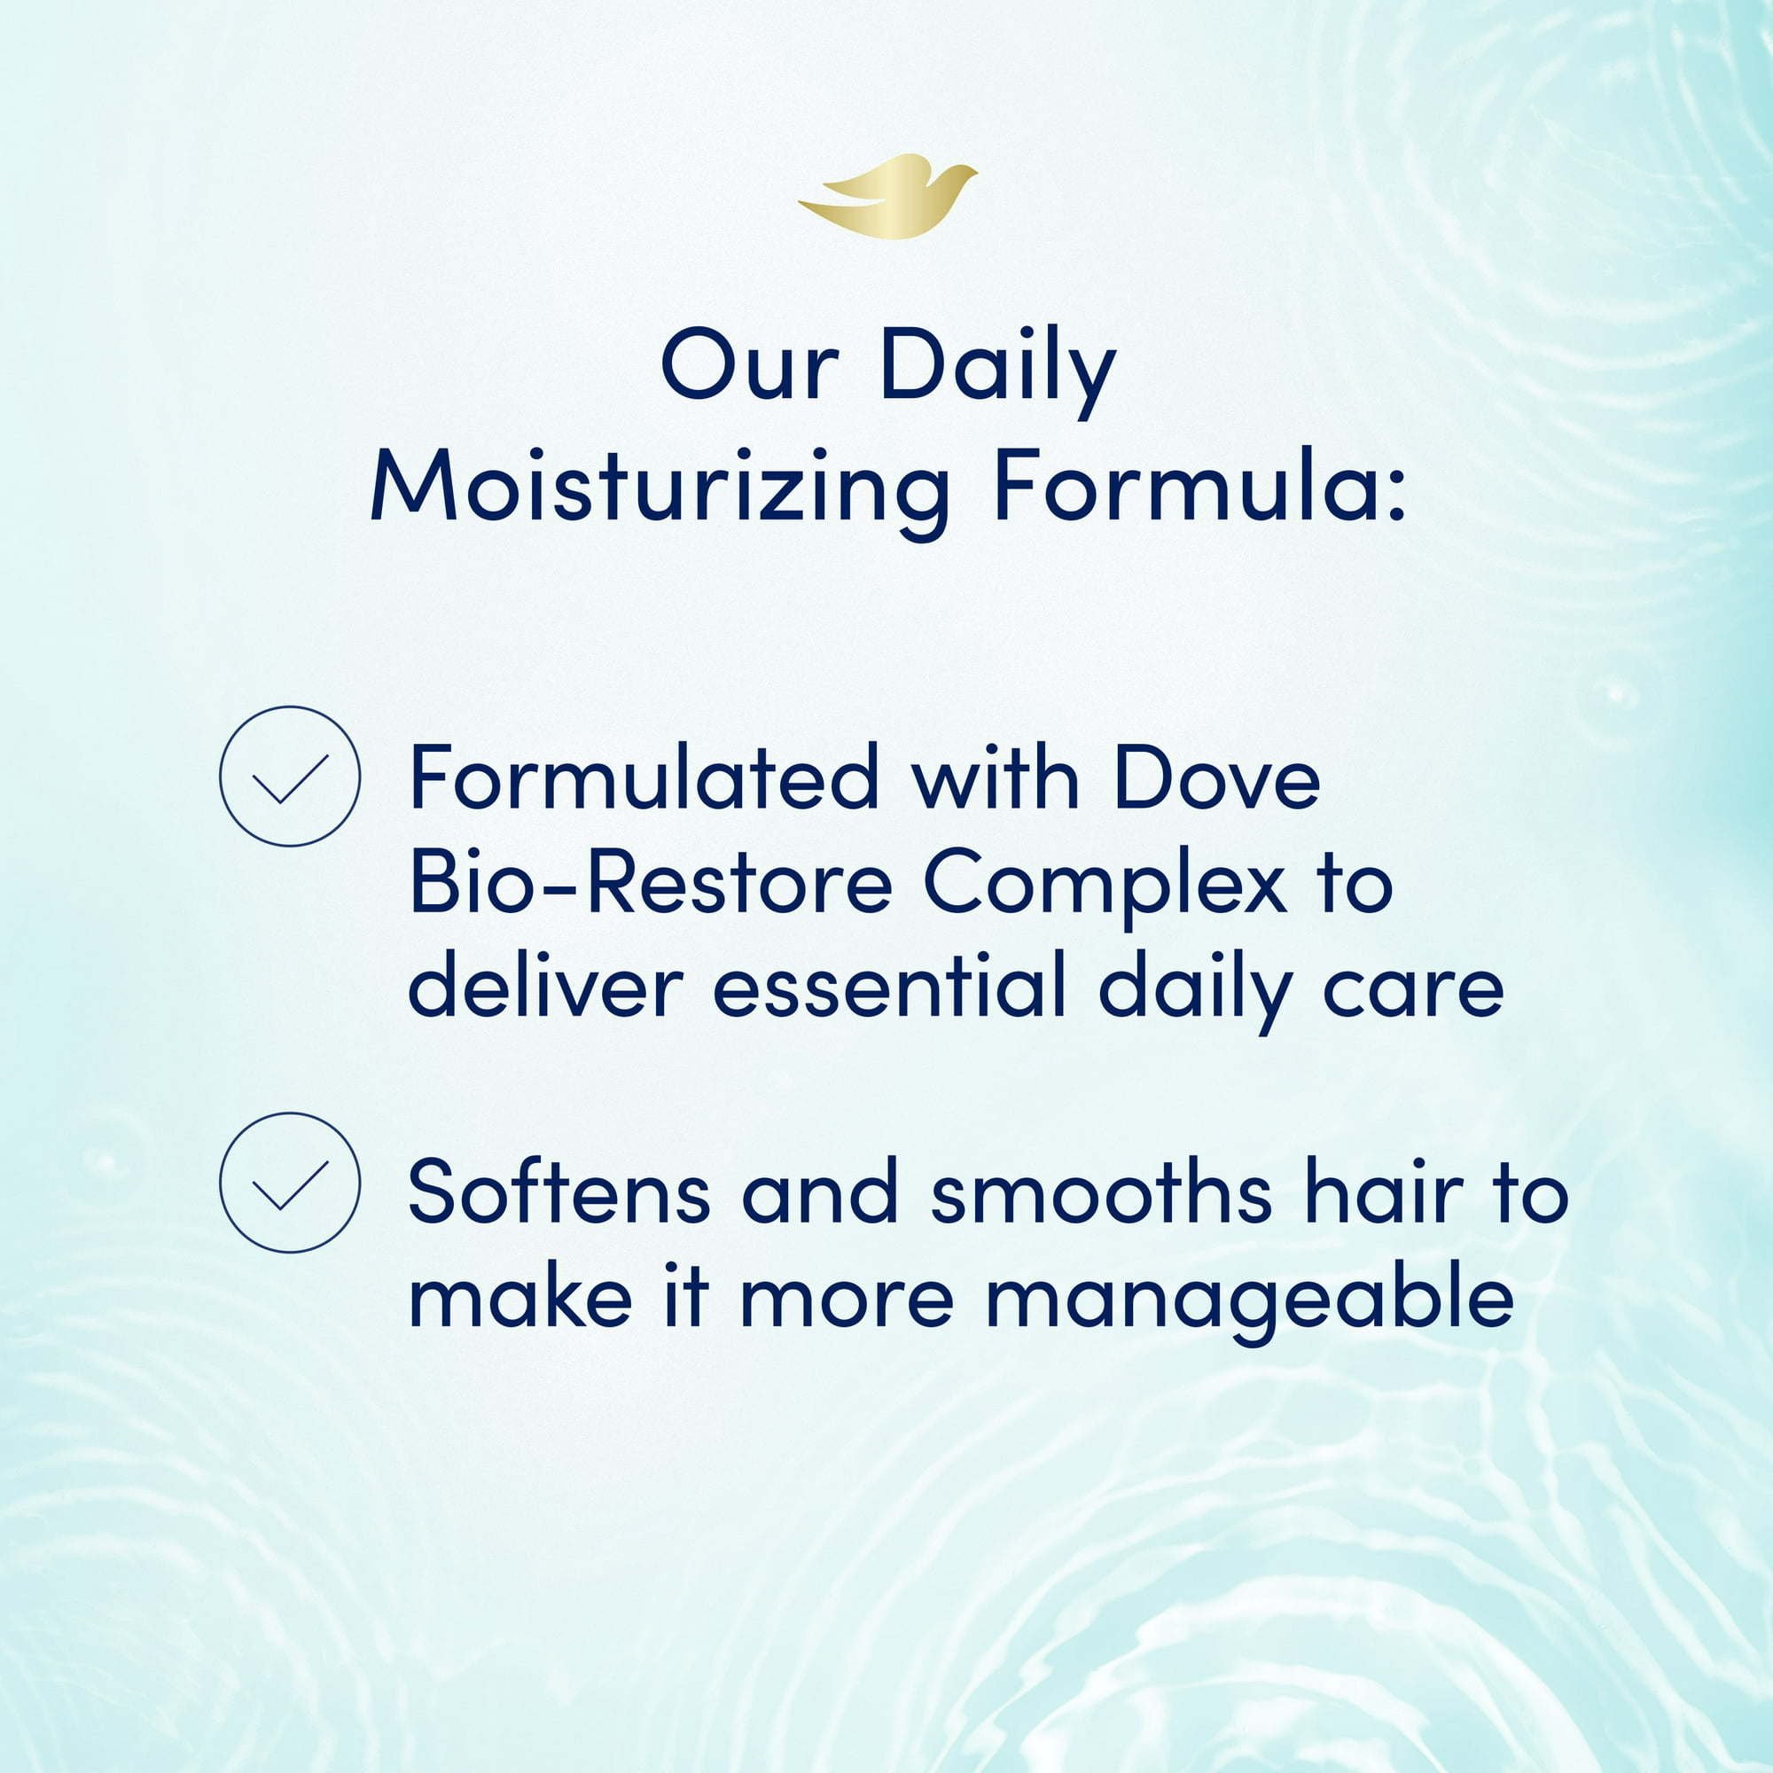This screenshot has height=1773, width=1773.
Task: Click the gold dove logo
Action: point(886,198)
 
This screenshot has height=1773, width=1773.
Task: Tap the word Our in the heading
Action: point(750,365)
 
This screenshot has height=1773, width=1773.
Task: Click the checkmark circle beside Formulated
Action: point(290,776)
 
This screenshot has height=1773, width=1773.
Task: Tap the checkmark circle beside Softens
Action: point(290,1183)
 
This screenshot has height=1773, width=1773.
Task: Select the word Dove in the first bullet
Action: point(1217,777)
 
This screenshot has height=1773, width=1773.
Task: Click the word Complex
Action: point(1104,891)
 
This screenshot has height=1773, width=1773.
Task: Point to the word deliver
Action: point(546,987)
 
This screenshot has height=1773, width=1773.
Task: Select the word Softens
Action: point(558,1191)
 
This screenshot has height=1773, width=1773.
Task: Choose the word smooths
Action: point(1101,1191)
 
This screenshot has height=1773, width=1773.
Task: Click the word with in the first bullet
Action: point(995,777)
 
